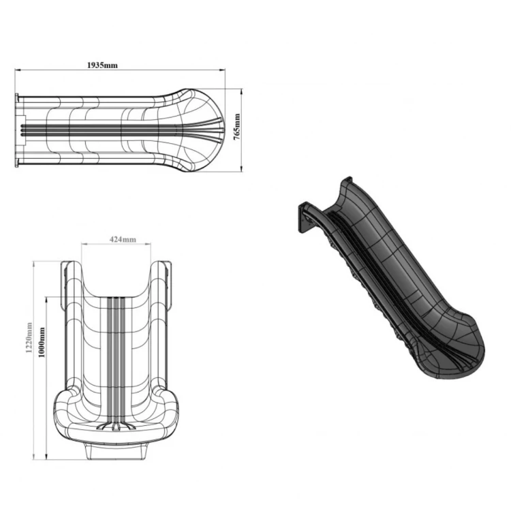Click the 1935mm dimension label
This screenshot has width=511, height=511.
pyautogui.click(x=102, y=65)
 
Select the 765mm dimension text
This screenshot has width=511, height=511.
pyautogui.click(x=237, y=129)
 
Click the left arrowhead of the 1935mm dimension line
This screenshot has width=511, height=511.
pyautogui.click(x=18, y=69)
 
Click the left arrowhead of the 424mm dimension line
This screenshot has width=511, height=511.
pyautogui.click(x=84, y=245)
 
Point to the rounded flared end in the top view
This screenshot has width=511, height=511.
pyautogui.click(x=208, y=129)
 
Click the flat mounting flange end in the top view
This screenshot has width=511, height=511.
pyautogui.click(x=20, y=129)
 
